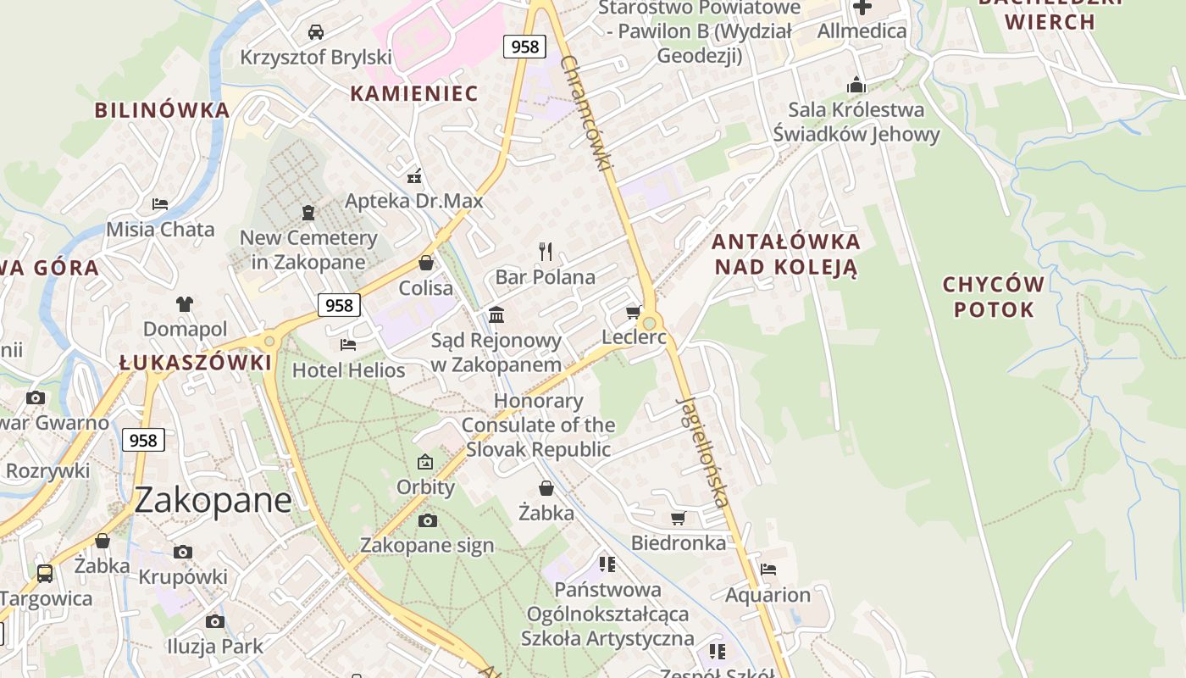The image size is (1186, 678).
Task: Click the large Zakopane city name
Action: click(x=213, y=500)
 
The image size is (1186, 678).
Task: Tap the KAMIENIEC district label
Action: click(x=414, y=93)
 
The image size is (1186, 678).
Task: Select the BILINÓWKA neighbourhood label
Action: click(x=162, y=110)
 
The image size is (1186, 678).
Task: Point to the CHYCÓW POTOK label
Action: click(x=994, y=297)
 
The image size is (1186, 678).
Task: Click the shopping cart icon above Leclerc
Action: click(x=633, y=313)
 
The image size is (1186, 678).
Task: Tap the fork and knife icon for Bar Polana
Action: click(x=546, y=251)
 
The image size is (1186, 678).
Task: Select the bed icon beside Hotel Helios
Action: click(x=348, y=344)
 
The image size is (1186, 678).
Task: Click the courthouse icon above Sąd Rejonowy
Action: click(x=496, y=315)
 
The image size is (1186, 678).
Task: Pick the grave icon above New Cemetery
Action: click(x=308, y=213)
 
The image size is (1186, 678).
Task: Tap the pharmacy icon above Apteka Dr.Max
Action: click(x=414, y=176)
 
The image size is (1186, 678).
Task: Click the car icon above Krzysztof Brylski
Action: click(x=316, y=32)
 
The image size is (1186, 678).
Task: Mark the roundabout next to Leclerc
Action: click(x=650, y=323)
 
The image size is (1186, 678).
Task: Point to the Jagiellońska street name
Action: click(x=703, y=451)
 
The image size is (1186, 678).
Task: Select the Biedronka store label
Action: click(x=679, y=543)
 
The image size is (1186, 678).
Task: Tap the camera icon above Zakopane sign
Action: click(x=427, y=520)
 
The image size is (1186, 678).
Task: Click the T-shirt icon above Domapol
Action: click(x=185, y=303)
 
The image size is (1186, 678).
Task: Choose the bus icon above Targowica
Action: click(x=45, y=574)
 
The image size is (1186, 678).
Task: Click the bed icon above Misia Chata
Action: click(x=160, y=204)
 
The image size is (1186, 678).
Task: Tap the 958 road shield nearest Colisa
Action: click(x=339, y=305)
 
